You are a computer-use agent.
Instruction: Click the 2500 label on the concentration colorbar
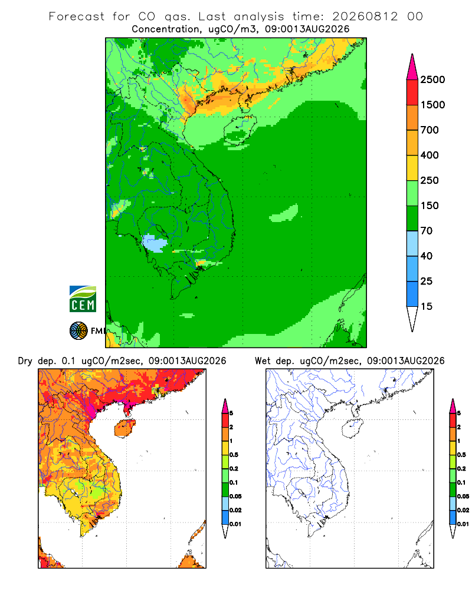tap(432, 80)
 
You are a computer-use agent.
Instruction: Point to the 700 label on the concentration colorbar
tap(430, 130)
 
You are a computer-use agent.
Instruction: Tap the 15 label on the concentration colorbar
tap(427, 306)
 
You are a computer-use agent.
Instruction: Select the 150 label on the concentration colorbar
tap(430, 206)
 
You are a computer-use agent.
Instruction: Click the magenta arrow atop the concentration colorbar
tap(412, 68)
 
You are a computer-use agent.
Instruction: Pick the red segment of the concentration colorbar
tap(412, 92)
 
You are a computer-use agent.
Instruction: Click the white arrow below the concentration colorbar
tap(412, 317)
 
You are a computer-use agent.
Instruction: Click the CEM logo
tap(83, 299)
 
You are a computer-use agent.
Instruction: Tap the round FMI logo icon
tap(78, 331)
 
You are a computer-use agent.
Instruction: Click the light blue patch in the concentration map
tap(155, 243)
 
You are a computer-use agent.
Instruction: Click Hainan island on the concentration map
tap(240, 130)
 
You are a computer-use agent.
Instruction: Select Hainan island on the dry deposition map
tap(125, 428)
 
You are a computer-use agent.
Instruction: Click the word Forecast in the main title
tap(77, 16)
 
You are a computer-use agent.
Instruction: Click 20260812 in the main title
tap(365, 16)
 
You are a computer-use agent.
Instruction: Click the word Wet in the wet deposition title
tap(263, 361)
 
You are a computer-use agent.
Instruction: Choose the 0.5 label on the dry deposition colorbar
tap(234, 455)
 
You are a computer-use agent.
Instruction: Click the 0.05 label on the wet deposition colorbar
tap(463, 496)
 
